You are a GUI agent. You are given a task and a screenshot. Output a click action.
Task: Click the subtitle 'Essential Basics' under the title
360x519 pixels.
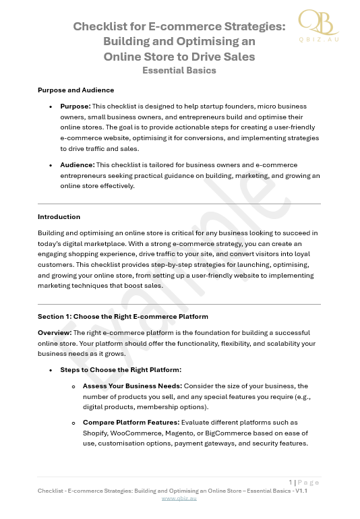click(x=179, y=70)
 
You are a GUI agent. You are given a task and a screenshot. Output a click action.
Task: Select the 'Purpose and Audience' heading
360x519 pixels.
click(x=76, y=90)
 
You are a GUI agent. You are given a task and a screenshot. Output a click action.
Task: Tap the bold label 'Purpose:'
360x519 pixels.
click(x=75, y=106)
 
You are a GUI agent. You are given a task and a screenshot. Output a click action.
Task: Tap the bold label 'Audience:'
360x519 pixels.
click(x=77, y=165)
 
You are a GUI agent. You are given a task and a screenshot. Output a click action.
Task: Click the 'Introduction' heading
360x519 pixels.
click(x=59, y=217)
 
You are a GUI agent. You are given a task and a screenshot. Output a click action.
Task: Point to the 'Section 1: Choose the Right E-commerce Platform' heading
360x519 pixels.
click(x=123, y=316)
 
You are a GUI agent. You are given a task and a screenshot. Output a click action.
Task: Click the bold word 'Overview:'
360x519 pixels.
click(x=55, y=333)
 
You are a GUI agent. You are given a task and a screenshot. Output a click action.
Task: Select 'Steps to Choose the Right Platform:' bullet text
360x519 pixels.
click(x=121, y=370)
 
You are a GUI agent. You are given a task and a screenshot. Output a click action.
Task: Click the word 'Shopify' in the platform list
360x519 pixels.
click(x=97, y=433)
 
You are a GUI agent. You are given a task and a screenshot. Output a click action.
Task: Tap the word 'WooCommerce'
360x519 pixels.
click(x=142, y=433)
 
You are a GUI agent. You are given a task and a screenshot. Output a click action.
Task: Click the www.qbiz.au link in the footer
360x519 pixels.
click(x=179, y=499)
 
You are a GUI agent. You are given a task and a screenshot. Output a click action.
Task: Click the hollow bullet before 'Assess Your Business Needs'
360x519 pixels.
click(x=73, y=387)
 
